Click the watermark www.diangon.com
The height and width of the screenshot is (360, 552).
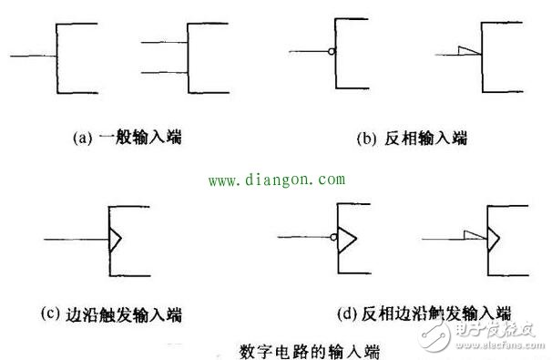(x=277, y=180)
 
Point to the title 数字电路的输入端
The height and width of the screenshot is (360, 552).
(x=310, y=349)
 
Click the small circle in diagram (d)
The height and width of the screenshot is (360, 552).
(x=334, y=240)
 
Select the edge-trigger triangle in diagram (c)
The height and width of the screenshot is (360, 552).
(x=116, y=240)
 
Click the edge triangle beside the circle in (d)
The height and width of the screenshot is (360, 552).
(x=347, y=240)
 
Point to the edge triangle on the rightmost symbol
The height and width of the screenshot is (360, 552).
(x=493, y=240)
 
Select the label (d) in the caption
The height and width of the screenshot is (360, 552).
(x=345, y=314)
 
